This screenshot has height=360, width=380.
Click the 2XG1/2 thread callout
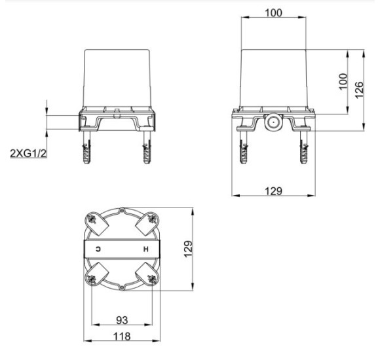tap(28, 153)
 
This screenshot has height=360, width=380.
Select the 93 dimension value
tap(122, 320)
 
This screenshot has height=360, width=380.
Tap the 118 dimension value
tap(122, 336)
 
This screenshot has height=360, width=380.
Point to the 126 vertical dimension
tap(360, 90)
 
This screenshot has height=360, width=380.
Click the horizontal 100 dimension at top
tap(274, 13)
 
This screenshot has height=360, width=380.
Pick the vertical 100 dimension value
tap(343, 81)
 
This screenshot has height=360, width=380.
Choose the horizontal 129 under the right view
tap(274, 191)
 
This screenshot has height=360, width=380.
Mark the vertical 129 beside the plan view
tap(188, 249)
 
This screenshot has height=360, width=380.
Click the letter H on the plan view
tap(145, 249)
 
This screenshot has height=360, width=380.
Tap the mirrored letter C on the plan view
tap(98, 249)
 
